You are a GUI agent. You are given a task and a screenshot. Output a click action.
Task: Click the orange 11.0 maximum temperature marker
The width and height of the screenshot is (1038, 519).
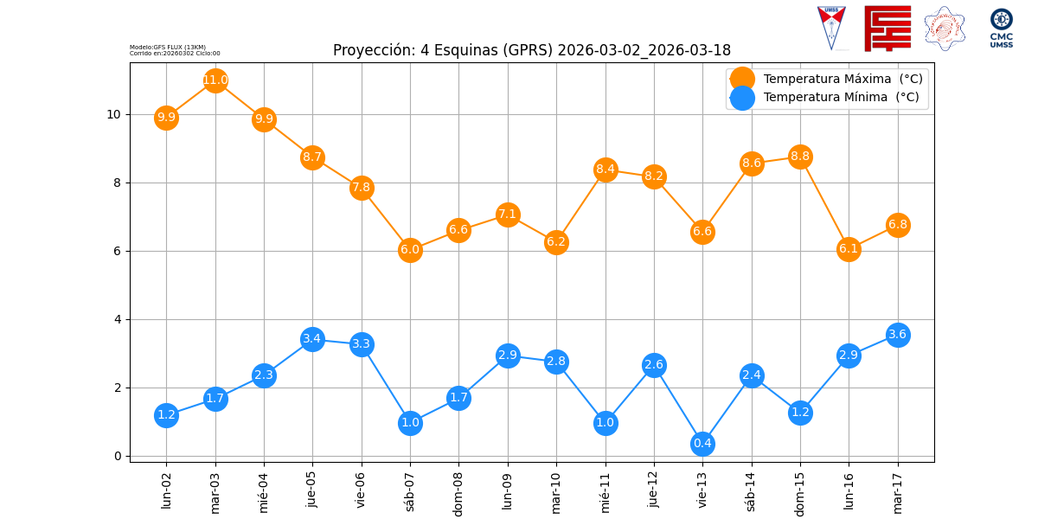215,80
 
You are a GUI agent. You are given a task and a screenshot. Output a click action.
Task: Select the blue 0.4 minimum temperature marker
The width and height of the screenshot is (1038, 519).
702,444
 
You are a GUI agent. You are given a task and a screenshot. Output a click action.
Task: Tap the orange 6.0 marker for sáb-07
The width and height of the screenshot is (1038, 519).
410,250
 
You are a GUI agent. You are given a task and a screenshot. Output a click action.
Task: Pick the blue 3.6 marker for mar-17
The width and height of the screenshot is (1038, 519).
898,335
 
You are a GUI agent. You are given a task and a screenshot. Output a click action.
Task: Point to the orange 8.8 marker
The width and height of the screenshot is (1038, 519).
800,157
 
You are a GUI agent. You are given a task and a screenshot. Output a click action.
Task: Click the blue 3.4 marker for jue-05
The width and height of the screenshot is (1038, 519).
312,339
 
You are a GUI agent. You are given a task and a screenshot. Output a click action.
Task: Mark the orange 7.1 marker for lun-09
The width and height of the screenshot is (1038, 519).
508,215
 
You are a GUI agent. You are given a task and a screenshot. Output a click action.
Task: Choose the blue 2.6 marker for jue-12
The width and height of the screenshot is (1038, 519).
654,365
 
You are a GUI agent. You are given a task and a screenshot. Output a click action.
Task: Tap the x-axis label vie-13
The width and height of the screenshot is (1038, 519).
702,490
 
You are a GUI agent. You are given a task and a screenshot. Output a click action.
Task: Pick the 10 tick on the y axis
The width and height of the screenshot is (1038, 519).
113,114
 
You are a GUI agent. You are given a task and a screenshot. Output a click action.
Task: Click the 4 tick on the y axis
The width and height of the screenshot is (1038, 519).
117,319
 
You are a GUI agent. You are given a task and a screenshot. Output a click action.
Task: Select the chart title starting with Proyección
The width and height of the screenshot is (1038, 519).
531,50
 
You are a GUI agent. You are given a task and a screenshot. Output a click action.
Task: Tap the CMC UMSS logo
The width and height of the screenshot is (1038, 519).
1001,28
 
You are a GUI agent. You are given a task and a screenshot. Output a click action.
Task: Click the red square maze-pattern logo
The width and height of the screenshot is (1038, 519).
887,29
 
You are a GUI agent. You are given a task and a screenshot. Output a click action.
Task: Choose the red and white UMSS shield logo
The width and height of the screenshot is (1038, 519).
831,28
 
